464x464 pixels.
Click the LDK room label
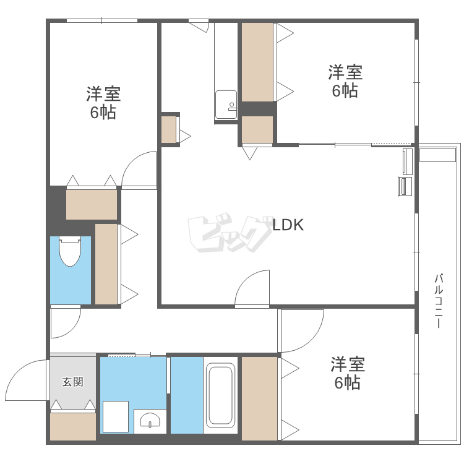click(288, 225)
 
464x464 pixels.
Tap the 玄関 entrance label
click(73, 382)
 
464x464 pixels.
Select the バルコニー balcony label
click(439, 301)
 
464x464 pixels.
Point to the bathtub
click(220, 395)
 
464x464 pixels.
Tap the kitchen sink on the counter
click(226, 105)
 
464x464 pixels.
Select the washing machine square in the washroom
click(116, 416)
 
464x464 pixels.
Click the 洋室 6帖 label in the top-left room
click(103, 103)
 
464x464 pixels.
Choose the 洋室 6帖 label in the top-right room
click(345, 81)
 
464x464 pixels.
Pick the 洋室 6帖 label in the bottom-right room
click(348, 373)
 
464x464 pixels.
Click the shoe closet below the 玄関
click(73, 426)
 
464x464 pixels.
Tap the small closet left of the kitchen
click(169, 130)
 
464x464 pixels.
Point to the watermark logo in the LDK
click(230, 233)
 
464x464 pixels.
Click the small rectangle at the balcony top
click(437, 155)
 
